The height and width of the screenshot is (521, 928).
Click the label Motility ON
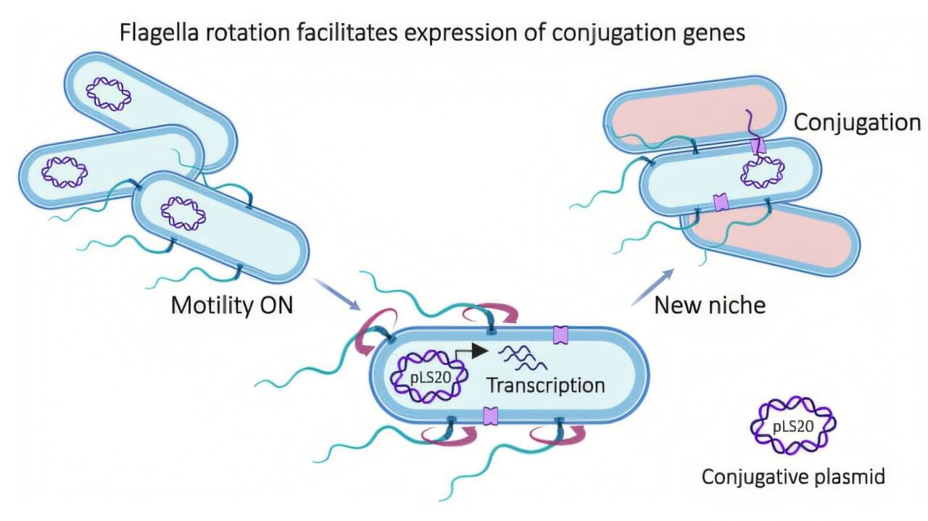click(232, 305)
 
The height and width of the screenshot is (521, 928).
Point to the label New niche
click(710, 305)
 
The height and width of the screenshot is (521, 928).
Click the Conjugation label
click(857, 122)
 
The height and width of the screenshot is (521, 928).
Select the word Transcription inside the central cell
click(545, 384)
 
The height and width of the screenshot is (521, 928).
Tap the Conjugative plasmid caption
click(793, 478)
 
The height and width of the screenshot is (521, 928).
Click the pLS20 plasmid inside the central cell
click(425, 377)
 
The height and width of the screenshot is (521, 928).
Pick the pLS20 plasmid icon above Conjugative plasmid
click(792, 425)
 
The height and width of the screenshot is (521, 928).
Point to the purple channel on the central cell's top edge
click(561, 335)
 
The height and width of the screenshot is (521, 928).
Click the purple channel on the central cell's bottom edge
click(491, 416)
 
